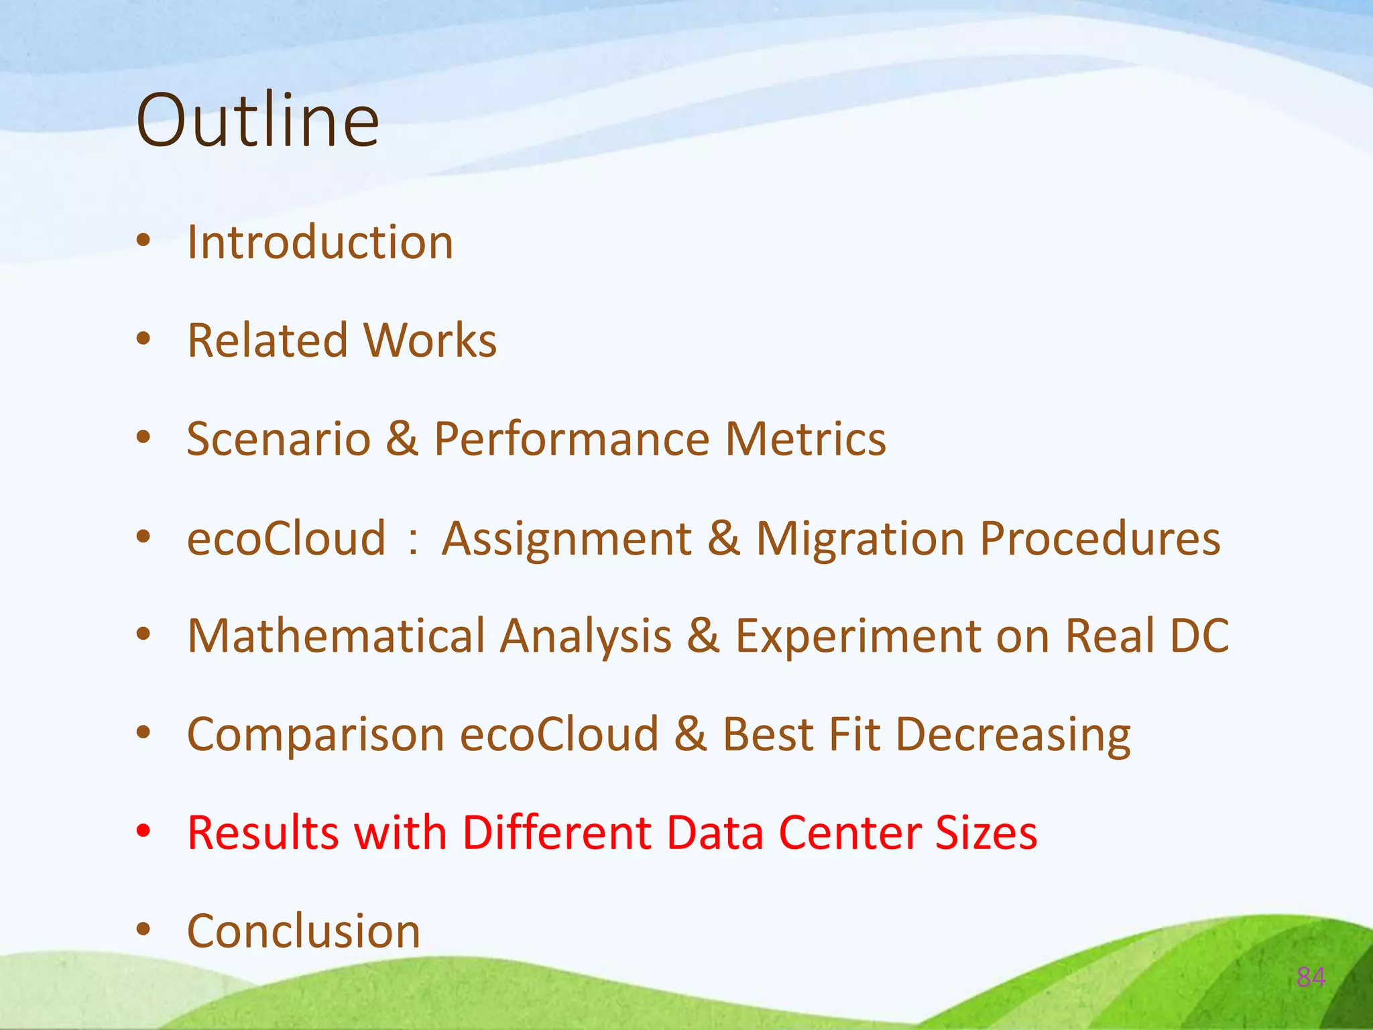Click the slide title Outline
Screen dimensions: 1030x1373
257,121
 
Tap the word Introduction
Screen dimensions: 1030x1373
320,242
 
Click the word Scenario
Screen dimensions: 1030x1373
278,439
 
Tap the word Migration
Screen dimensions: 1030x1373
860,538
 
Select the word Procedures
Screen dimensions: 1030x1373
1100,538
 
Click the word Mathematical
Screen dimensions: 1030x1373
336,636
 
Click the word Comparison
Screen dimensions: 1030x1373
316,734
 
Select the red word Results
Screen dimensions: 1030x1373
263,833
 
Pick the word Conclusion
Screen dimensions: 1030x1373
304,931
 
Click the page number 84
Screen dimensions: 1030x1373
1311,977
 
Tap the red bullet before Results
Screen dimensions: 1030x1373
143,832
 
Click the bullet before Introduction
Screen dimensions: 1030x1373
143,241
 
